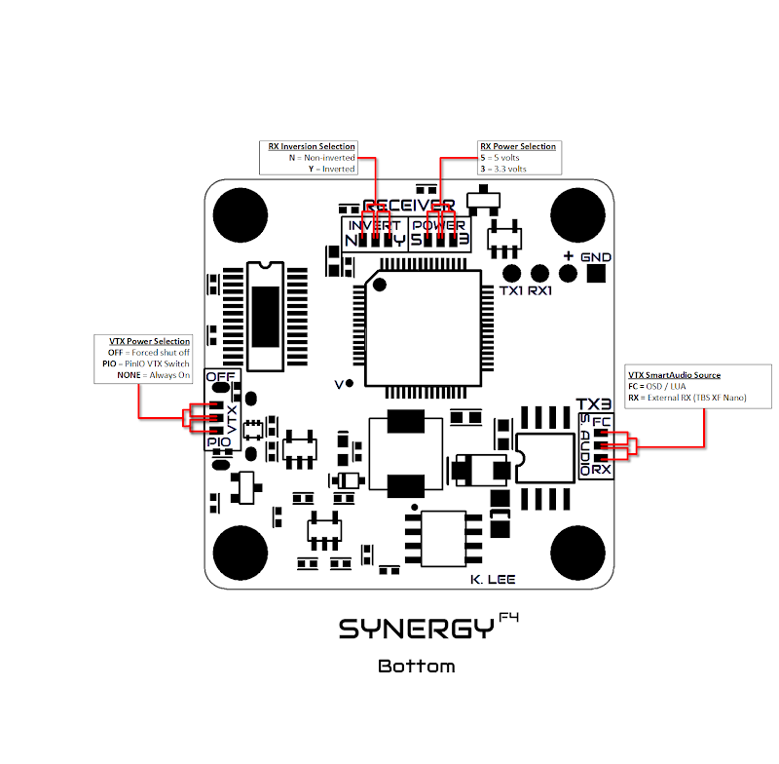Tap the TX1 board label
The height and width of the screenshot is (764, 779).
pos(512,292)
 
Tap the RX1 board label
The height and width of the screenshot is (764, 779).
pos(543,292)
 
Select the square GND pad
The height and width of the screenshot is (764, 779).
pos(594,274)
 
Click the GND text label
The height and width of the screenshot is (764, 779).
pos(596,256)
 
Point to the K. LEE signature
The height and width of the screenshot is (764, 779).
pos(492,580)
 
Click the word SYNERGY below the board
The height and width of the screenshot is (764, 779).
pos(416,630)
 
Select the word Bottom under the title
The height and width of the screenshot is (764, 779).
pos(416,667)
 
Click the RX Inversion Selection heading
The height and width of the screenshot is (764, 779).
pos(312,146)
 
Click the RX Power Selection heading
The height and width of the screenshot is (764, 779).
pos(518,147)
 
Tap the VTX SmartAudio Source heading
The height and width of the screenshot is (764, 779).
pos(674,375)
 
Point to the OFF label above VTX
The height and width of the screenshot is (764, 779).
pos(222,376)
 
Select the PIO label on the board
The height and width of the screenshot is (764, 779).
pos(219,441)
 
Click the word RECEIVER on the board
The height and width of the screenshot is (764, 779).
pos(408,206)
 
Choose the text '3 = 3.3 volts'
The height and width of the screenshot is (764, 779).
pos(502,169)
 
